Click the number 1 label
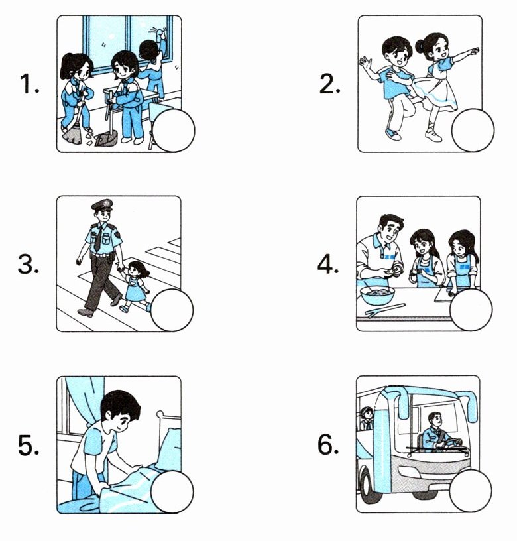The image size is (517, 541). pyautogui.click(x=29, y=84)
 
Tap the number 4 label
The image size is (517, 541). pyautogui.click(x=327, y=265)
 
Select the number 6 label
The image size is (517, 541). pyautogui.click(x=328, y=445)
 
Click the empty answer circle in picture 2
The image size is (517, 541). pyautogui.click(x=473, y=131)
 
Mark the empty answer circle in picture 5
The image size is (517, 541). pyautogui.click(x=172, y=492)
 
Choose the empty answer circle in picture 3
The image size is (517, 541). pyautogui.click(x=172, y=310)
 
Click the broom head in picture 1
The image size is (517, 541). pyautogui.click(x=72, y=135)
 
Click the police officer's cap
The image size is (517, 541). pyautogui.click(x=103, y=205)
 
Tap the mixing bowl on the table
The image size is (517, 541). pyautogui.click(x=377, y=296)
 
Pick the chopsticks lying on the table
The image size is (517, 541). pyautogui.click(x=385, y=310)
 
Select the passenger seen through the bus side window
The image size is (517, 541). pyautogui.click(x=367, y=418)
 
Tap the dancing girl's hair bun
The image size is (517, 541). pyautogui.click(x=420, y=45)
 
